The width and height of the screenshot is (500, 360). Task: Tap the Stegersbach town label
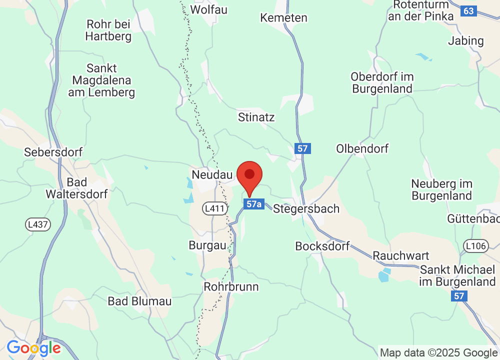[x=306, y=208]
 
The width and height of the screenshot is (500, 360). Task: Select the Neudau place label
[x=212, y=174]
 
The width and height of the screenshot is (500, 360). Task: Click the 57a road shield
[x=254, y=204]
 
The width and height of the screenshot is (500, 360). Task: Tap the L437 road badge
[x=38, y=224]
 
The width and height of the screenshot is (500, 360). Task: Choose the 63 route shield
[x=468, y=11]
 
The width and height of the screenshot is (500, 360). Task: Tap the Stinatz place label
[x=257, y=117]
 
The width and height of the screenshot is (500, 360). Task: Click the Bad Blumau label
[x=139, y=301]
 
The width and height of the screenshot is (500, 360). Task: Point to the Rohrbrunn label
[x=231, y=286]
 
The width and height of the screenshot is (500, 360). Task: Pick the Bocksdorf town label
[x=322, y=246]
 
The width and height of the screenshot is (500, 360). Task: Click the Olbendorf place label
[x=362, y=148]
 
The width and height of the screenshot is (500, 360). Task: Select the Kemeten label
[x=283, y=17]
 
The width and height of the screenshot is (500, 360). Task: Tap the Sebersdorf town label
[x=53, y=152]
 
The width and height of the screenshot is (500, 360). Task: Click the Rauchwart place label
[x=401, y=255]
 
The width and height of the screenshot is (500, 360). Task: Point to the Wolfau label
[x=209, y=9]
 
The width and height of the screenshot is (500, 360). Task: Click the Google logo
[x=33, y=347]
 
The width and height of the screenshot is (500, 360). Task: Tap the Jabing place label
[x=466, y=40]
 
